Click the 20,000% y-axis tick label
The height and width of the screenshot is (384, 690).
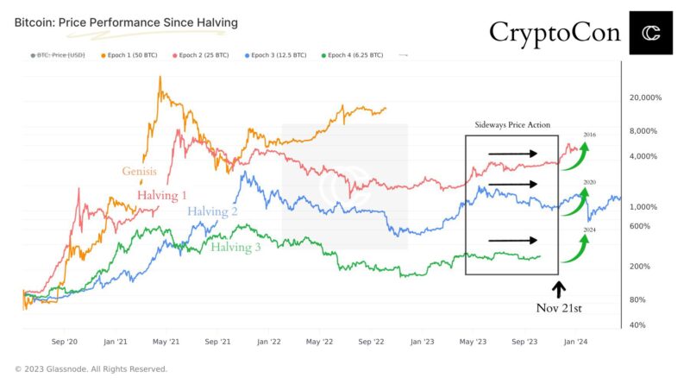[x=645, y=98]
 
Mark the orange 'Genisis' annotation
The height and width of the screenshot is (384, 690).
[x=140, y=171]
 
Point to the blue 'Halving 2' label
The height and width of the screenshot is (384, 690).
[x=212, y=211]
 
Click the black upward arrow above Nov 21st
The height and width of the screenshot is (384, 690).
[x=557, y=288]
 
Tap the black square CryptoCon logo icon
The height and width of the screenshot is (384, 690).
[x=650, y=33]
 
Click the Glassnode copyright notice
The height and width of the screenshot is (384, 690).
[x=91, y=369]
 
